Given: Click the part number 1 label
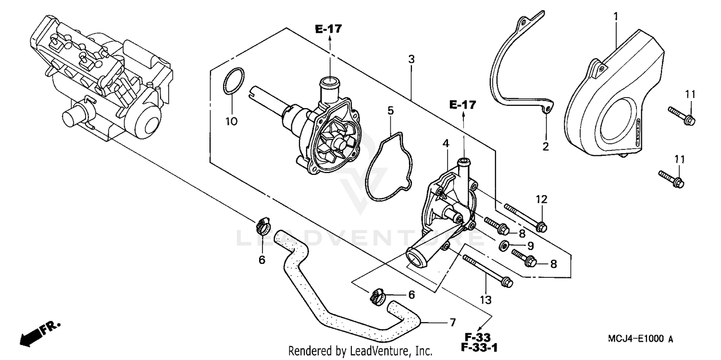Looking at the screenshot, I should coord(615,16).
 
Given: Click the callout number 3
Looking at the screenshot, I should coord(411,59).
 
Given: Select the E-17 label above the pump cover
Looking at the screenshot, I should coord(462,104).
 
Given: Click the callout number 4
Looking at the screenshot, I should coord(446,143).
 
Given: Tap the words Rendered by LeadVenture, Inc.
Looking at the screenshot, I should coord(360,351).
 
